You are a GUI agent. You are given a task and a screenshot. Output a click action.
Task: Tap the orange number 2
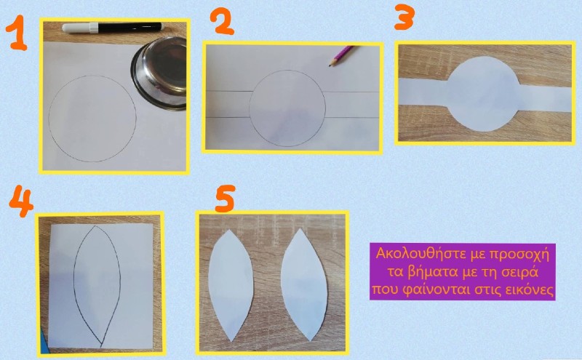click(223, 22)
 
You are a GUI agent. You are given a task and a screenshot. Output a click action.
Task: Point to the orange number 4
click(21, 201)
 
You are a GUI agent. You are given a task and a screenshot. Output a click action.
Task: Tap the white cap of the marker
click(80, 28)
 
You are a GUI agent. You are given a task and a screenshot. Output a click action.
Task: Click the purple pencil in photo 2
click(341, 56)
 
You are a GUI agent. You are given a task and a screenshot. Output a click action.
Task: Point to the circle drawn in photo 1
click(49, 119)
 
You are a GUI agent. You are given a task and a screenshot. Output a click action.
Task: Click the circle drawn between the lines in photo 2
click(250, 108)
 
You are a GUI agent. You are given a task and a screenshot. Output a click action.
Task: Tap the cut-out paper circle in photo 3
click(482, 94)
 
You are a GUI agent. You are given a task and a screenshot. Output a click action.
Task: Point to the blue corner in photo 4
click(44, 341)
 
